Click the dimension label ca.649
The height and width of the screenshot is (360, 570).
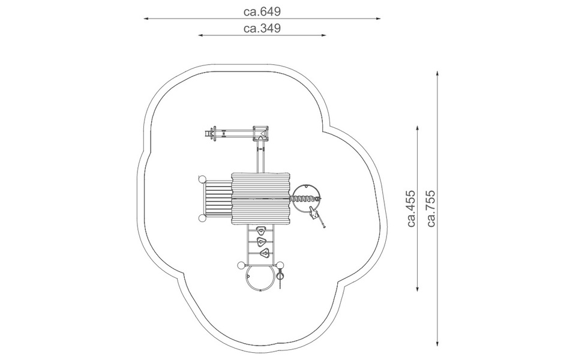click(x=262, y=11)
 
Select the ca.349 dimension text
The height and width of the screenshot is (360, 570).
click(x=262, y=28)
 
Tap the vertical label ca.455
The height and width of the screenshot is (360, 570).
click(x=411, y=208)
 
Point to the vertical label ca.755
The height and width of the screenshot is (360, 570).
click(x=431, y=208)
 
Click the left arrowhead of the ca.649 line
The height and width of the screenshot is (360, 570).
click(x=146, y=18)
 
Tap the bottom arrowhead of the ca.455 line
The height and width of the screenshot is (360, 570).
click(x=418, y=289)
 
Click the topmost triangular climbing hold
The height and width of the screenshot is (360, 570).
click(x=260, y=230)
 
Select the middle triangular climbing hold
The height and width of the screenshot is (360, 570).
click(x=261, y=241)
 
